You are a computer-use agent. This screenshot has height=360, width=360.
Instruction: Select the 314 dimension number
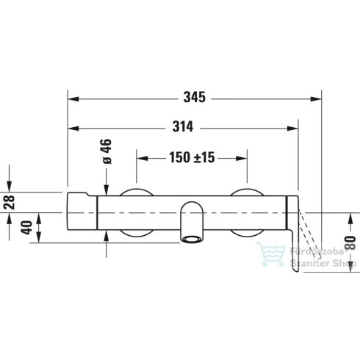(182, 127)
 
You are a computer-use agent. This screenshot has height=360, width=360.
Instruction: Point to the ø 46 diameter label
(106, 151)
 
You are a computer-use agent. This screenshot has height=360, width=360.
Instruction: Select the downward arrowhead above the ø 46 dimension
(107, 189)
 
